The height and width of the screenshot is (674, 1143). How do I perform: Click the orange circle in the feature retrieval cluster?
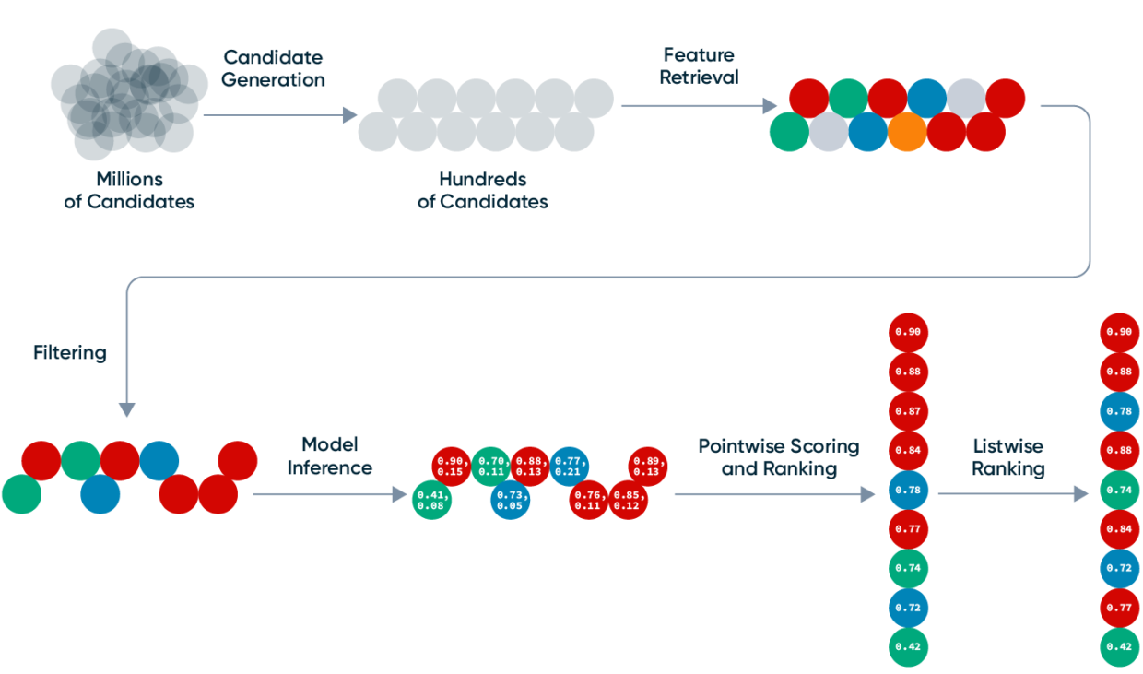[x=907, y=132]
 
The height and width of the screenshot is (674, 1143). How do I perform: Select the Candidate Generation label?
[x=274, y=68]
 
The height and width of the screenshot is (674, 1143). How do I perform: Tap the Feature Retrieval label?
[x=700, y=65]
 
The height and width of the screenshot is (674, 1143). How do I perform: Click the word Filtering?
[x=70, y=352]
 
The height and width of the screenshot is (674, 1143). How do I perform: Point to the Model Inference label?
[x=329, y=456]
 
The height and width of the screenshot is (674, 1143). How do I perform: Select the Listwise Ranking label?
[x=1007, y=457]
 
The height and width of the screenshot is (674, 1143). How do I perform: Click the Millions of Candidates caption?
[x=130, y=190]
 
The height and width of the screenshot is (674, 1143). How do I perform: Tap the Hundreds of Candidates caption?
[x=482, y=190]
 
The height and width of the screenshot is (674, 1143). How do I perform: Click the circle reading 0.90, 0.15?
[x=452, y=467]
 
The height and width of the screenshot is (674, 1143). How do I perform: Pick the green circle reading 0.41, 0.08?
[x=430, y=499]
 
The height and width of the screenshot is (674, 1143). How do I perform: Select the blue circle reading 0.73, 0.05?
[x=510, y=499]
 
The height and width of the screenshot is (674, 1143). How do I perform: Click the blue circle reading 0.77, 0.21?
[x=570, y=467]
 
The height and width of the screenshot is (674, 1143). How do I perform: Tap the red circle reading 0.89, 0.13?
[x=648, y=467]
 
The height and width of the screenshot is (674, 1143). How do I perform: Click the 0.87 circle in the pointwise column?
[x=908, y=410]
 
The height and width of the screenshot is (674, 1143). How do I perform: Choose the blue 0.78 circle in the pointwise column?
[x=908, y=490]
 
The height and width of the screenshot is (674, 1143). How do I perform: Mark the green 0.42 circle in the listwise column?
[x=1120, y=647]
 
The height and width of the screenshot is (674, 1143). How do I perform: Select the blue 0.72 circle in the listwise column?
[x=1120, y=568]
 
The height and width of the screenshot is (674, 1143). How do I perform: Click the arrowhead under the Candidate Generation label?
[x=349, y=115]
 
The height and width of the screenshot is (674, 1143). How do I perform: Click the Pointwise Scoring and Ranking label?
[x=778, y=457]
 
